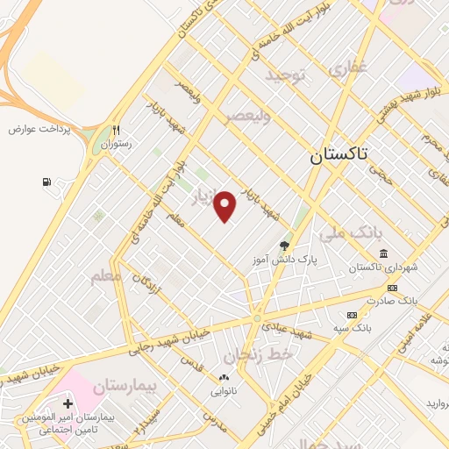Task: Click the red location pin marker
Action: click(226, 206)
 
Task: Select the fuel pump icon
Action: click(46, 182)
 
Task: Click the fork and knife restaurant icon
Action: click(115, 129)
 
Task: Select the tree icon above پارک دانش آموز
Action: click(283, 246)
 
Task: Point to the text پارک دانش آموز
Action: click(282, 260)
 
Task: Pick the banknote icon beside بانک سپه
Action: click(352, 315)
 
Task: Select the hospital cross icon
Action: click(68, 403)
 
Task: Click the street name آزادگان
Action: click(145, 282)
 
